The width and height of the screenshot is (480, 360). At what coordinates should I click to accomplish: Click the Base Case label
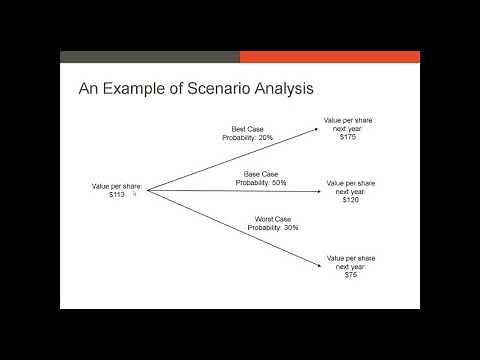coord(260,175)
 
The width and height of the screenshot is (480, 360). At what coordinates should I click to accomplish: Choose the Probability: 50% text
coord(260,183)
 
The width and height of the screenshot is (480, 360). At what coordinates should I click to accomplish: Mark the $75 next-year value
coord(351,274)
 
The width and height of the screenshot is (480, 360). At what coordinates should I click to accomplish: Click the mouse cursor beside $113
coord(134,195)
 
